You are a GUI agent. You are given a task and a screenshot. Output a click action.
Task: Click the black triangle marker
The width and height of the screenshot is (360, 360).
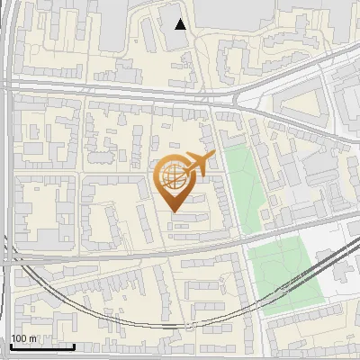click(181, 24)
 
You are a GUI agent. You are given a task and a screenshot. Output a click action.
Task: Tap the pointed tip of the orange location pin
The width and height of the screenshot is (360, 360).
click(173, 211)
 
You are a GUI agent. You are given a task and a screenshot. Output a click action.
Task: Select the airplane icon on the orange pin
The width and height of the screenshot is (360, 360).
click(199, 164)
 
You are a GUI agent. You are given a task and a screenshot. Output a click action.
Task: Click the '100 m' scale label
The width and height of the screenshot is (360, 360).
click(24, 338)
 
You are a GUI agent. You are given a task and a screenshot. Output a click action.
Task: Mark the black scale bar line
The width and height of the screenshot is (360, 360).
click(42, 346)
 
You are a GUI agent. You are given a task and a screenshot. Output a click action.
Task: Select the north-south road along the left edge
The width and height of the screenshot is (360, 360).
click(7, 180)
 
